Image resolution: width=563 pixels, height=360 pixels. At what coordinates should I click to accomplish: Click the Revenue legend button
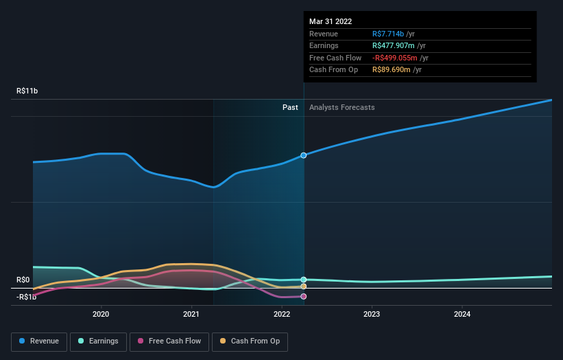[x=40, y=341]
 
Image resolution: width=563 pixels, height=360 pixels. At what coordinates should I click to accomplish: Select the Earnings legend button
[x=99, y=341]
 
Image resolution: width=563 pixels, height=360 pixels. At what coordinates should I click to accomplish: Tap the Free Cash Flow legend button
[x=170, y=341]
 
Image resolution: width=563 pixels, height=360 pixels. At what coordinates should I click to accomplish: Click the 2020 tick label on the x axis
[x=101, y=315]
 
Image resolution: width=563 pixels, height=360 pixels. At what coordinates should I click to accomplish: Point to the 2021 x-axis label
[x=191, y=315]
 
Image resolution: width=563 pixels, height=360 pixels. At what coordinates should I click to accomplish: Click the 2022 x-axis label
[x=282, y=315]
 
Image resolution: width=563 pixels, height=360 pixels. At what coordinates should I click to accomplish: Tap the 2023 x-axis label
[x=372, y=315]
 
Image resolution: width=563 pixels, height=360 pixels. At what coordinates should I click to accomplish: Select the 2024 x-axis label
[x=462, y=315]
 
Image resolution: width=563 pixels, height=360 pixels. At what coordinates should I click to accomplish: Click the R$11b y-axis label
[x=28, y=91]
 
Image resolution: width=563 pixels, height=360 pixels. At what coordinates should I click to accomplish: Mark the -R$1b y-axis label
[x=27, y=297]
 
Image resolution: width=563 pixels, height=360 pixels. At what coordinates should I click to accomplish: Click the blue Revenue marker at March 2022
[x=303, y=155]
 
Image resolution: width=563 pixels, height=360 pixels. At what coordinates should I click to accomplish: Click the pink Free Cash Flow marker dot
[x=303, y=297]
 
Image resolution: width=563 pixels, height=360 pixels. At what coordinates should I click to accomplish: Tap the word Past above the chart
[x=290, y=107]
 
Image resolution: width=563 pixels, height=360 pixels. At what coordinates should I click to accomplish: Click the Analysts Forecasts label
[x=342, y=107]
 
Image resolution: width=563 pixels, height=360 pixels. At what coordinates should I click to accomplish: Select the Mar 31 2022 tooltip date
[x=331, y=21]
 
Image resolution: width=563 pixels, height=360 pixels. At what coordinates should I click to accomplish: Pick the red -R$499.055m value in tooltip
[x=395, y=58]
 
